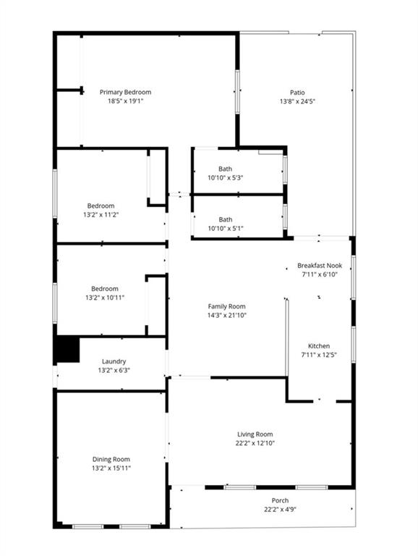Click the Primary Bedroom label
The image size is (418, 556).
pyautogui.click(x=125, y=92)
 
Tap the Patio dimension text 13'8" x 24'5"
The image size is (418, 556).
pyautogui.click(x=297, y=101)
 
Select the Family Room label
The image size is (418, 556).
pyautogui.click(x=226, y=306)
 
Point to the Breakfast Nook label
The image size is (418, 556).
pyautogui.click(x=320, y=265)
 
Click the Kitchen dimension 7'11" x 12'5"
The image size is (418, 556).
pyautogui.click(x=319, y=355)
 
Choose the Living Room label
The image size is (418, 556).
pyautogui.click(x=255, y=434)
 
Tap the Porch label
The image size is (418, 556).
pyautogui.click(x=280, y=500)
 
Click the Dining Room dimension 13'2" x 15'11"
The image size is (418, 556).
pyautogui.click(x=111, y=468)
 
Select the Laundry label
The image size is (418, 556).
pyautogui.click(x=114, y=361)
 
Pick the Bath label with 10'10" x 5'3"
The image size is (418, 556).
pyautogui.click(x=226, y=169)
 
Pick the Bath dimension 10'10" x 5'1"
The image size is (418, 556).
pyautogui.click(x=226, y=228)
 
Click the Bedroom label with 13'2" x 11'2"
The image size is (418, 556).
pyautogui.click(x=101, y=206)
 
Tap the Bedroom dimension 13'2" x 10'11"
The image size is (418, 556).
pyautogui.click(x=105, y=298)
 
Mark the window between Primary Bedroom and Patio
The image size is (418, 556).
pyautogui.click(x=237, y=92)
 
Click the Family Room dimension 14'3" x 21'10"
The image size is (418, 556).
pyautogui.click(x=226, y=315)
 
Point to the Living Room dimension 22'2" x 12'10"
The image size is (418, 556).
pyautogui.click(x=255, y=443)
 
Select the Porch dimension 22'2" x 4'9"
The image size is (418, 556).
pyautogui.click(x=280, y=509)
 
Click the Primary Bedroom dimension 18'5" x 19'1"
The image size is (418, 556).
pyautogui.click(x=125, y=101)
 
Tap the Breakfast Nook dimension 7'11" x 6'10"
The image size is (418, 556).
pyautogui.click(x=320, y=274)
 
